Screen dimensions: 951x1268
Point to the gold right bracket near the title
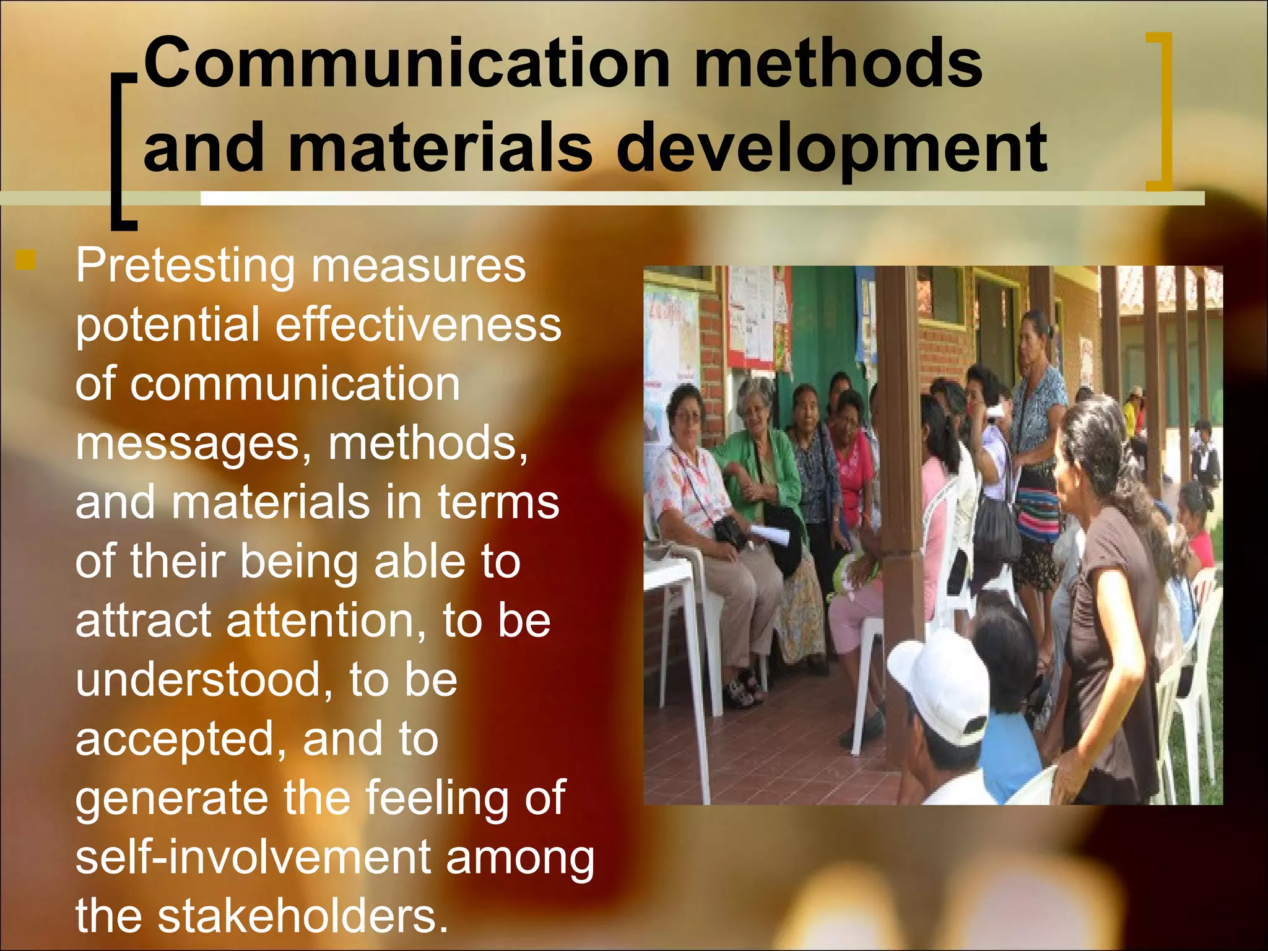(x=1160, y=111)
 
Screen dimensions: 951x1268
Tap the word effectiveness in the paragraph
(x=418, y=325)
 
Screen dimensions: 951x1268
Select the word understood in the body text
(x=207, y=680)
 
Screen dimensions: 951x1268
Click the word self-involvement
(x=253, y=858)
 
